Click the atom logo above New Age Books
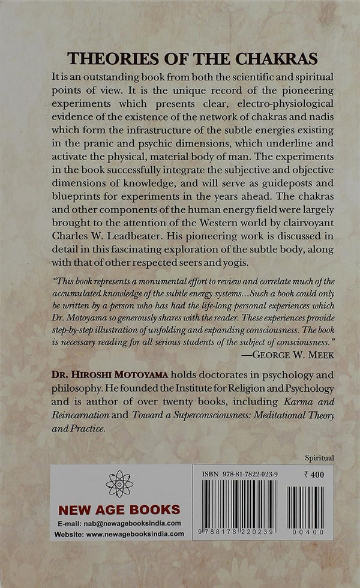click(119, 484)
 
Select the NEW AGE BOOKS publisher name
click(119, 510)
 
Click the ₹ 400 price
click(314, 474)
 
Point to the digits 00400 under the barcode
click(306, 532)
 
